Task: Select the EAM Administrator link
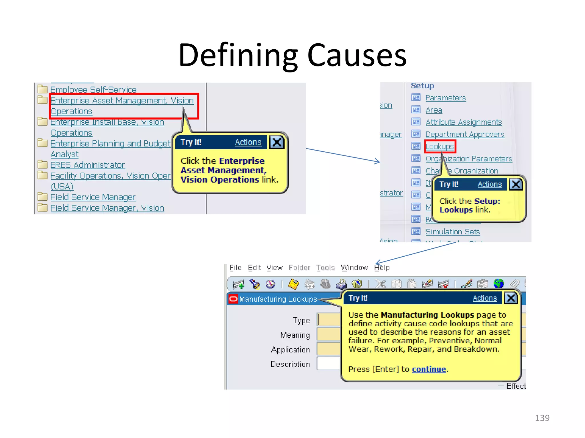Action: (87, 165)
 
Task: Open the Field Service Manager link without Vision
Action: (93, 197)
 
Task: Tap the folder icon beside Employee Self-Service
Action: (43, 89)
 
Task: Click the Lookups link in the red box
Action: (440, 147)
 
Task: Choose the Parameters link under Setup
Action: (445, 98)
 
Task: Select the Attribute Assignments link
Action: (463, 122)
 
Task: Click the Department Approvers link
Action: (464, 135)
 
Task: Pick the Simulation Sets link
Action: (452, 232)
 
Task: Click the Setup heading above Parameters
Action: (422, 86)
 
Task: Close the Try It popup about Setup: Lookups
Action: (516, 184)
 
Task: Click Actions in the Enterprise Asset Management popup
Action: (248, 142)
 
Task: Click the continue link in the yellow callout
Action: (428, 369)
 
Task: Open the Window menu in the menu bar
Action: (354, 268)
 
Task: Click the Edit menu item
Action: (254, 268)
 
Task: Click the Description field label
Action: (290, 364)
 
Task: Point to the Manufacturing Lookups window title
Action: (278, 299)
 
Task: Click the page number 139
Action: (542, 418)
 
